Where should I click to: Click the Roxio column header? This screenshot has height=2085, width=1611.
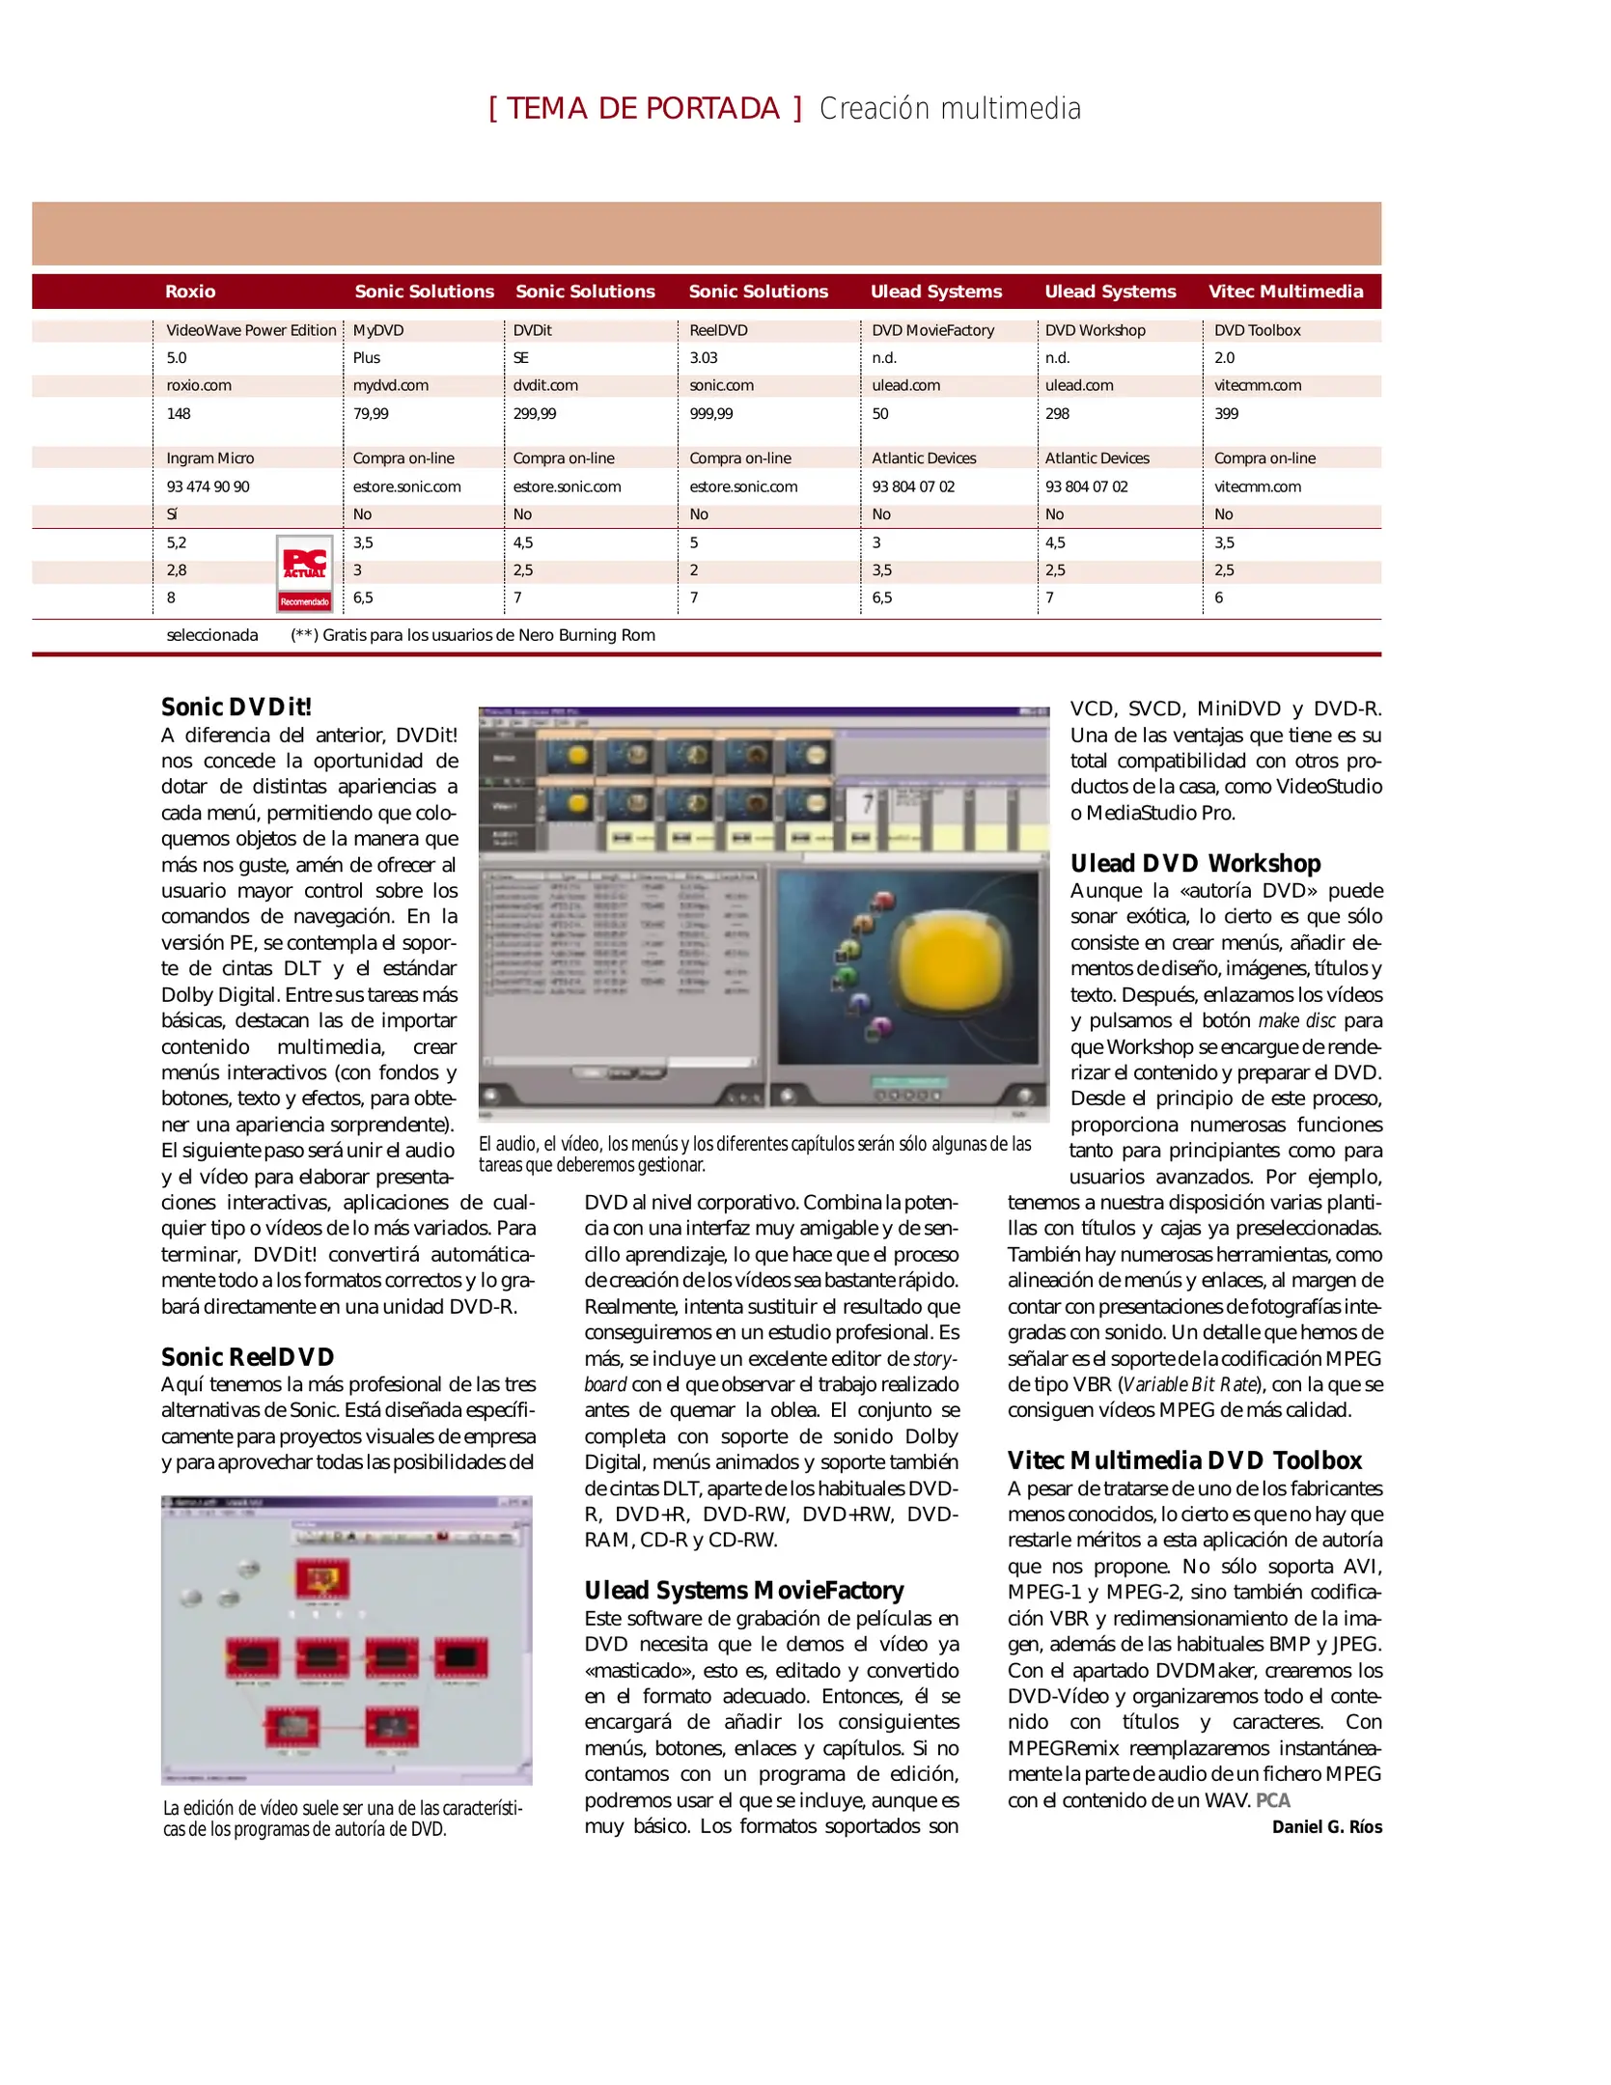click(x=190, y=292)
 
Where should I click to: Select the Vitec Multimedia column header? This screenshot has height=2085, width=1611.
click(x=1285, y=292)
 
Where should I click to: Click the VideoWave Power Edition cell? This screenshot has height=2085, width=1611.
click(x=251, y=330)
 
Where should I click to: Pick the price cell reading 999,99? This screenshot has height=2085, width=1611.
click(x=710, y=413)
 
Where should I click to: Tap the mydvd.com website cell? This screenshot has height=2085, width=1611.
click(x=390, y=385)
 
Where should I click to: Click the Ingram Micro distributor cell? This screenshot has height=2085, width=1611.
click(x=209, y=459)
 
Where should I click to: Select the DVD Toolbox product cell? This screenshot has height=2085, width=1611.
click(x=1257, y=330)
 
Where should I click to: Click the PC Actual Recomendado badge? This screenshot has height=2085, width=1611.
click(x=304, y=574)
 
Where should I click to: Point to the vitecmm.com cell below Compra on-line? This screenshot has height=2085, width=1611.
click(x=1257, y=486)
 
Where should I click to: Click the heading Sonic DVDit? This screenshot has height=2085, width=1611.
click(x=236, y=708)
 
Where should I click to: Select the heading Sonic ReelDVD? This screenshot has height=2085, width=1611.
click(x=247, y=1357)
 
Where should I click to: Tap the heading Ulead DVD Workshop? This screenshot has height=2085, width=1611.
click(x=1195, y=863)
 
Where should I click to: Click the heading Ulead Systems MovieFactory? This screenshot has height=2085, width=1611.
click(x=743, y=1591)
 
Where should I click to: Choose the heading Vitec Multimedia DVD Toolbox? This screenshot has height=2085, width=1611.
click(x=1184, y=1460)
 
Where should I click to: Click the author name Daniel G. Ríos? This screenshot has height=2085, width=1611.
click(x=1326, y=1827)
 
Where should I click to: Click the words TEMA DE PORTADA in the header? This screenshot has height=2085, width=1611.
click(x=644, y=108)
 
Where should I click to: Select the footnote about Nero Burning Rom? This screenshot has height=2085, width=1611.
click(x=473, y=635)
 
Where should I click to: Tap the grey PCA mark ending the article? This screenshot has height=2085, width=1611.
click(x=1272, y=1801)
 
